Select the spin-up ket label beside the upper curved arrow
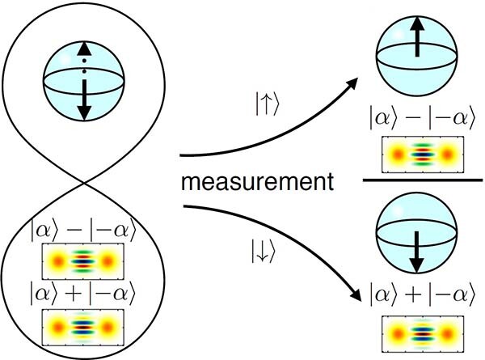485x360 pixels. [264, 105]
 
